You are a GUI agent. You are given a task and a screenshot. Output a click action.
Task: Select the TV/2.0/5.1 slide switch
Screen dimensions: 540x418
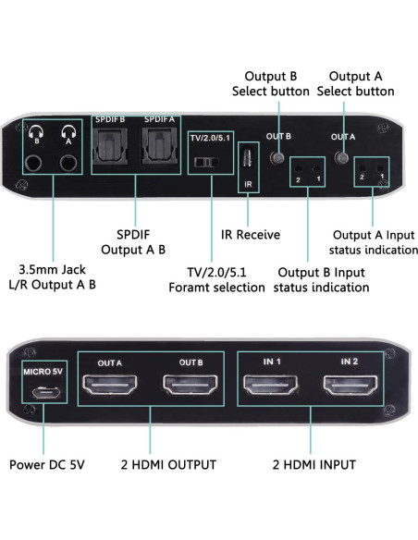[206, 163]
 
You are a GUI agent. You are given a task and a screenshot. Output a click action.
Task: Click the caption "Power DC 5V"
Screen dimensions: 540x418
[45, 464]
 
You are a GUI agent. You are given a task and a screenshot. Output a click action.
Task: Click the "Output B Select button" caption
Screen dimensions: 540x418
[269, 83]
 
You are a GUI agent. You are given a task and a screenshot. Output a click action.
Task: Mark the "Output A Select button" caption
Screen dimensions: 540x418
[355, 83]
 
